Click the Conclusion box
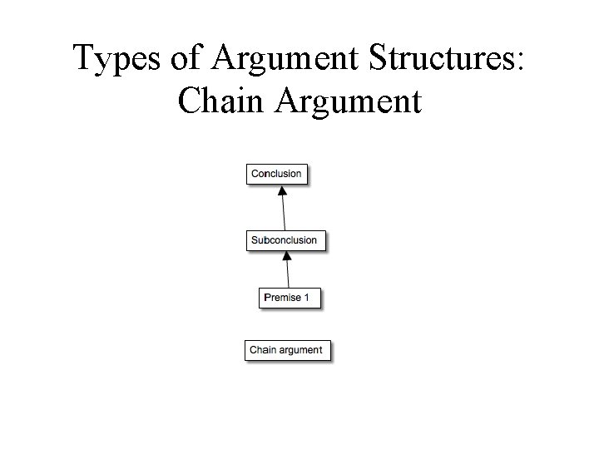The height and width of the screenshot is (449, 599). pos(276,174)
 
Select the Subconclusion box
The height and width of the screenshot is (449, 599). pos(285,240)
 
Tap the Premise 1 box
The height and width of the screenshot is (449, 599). pos(288,298)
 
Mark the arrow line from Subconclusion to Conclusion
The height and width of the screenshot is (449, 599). pos(284,212)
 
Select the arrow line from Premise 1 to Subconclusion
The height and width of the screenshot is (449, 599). pos(288,274)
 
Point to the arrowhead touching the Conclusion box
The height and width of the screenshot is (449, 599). pos(282,190)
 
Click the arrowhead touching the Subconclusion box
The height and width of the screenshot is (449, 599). pos(287,257)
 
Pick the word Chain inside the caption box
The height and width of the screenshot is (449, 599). pos(263,350)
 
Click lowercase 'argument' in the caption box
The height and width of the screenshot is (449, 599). pos(300,351)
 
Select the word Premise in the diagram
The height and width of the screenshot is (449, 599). pos(283,298)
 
